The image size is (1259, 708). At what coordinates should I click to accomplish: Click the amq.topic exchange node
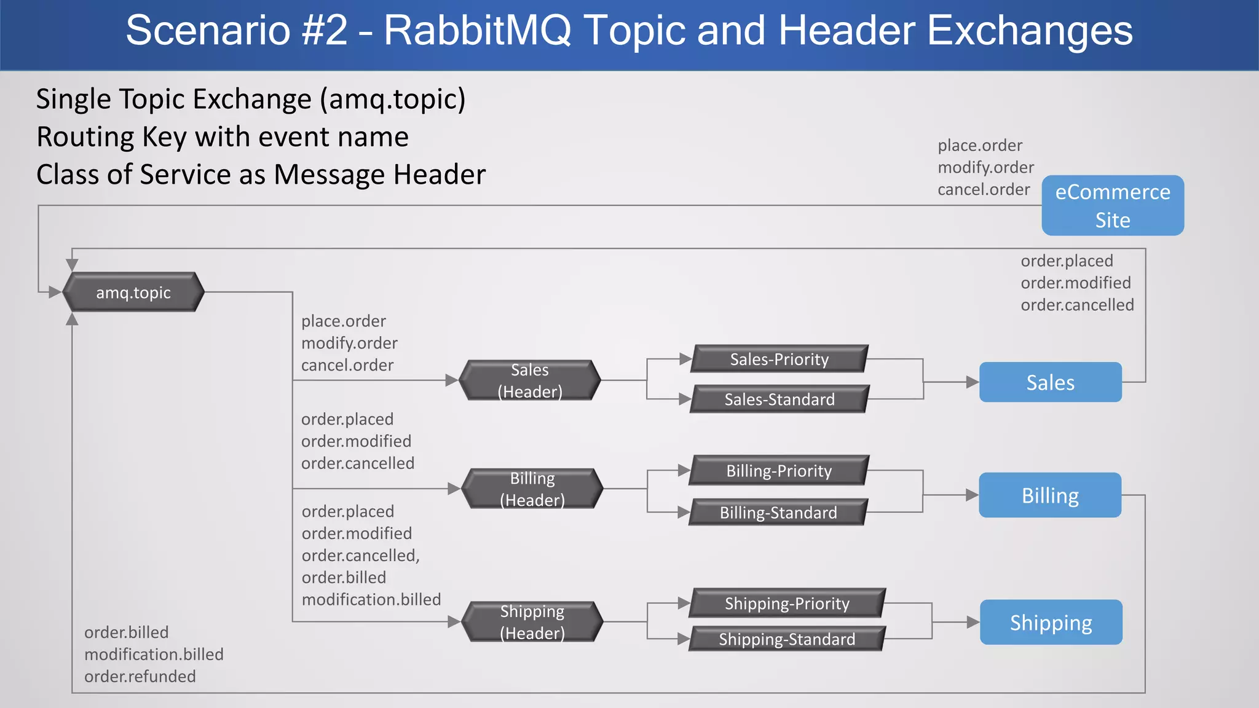(x=133, y=292)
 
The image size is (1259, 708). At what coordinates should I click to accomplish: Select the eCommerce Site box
(x=1113, y=205)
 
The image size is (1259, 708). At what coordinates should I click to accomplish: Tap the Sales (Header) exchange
(x=530, y=380)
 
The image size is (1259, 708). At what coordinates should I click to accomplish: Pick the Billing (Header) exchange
(x=532, y=489)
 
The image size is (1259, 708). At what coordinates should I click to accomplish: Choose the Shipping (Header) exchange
(x=532, y=622)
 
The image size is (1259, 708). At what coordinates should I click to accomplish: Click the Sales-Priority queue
(x=779, y=359)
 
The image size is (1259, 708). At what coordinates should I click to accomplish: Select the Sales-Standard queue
(x=779, y=399)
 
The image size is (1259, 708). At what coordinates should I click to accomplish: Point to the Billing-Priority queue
(x=779, y=471)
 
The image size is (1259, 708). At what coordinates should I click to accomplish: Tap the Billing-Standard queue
(x=778, y=513)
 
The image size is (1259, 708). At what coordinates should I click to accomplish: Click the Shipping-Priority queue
(x=787, y=604)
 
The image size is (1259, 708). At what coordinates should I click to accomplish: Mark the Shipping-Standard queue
(x=787, y=639)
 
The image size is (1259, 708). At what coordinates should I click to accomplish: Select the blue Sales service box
(x=1050, y=382)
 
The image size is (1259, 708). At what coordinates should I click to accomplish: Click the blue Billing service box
(x=1050, y=495)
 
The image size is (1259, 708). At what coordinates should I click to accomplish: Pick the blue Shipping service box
(x=1051, y=623)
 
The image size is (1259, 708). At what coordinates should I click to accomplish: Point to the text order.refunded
(x=140, y=677)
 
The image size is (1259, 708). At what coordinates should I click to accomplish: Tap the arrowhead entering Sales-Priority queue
(x=685, y=359)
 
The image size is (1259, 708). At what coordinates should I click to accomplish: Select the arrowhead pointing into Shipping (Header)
(x=454, y=622)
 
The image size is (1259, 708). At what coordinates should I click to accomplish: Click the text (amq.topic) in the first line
(x=393, y=100)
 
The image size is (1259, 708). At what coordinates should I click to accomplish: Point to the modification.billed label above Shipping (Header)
(x=371, y=599)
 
